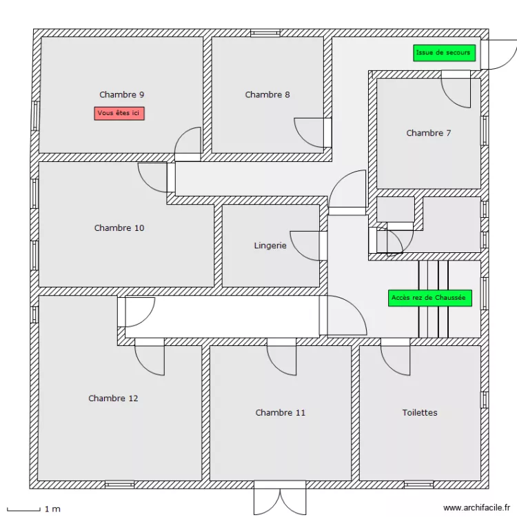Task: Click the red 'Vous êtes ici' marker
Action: click(x=119, y=113)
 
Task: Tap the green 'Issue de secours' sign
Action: click(x=444, y=53)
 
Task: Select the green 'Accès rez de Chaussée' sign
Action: click(x=429, y=298)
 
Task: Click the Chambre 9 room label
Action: click(x=122, y=94)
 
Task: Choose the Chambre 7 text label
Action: click(x=428, y=133)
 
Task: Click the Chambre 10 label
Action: click(x=119, y=227)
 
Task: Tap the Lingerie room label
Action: click(x=270, y=245)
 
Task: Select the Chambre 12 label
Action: click(x=113, y=398)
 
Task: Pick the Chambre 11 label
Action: click(x=280, y=412)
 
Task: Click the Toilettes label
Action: click(x=420, y=412)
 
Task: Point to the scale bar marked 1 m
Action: click(x=31, y=509)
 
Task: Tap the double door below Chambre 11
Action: click(x=279, y=496)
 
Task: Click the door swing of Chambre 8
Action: click(x=310, y=133)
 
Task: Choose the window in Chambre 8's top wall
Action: click(x=265, y=32)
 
